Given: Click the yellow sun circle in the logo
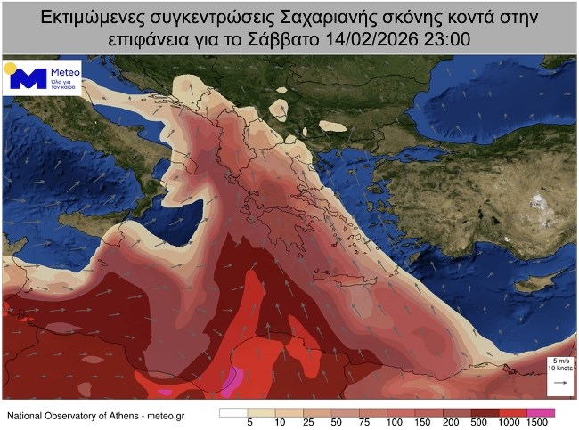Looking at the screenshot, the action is tap(10, 68).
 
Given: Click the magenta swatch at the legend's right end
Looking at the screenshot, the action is tap(541, 412).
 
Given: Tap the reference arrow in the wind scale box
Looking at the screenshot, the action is tap(561, 382).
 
